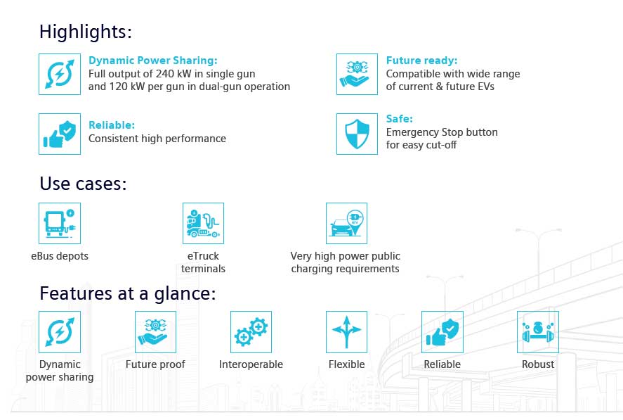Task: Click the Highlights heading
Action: click(86, 32)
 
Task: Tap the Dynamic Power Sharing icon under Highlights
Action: click(60, 74)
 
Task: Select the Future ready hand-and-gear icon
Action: click(357, 74)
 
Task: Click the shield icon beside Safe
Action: click(357, 134)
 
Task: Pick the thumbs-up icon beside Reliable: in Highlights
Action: click(60, 134)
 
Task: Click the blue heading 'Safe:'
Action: click(400, 119)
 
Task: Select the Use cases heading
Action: click(83, 184)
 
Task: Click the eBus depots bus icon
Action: click(60, 223)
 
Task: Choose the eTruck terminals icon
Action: click(203, 223)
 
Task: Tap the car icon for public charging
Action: click(346, 223)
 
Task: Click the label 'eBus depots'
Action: click(60, 256)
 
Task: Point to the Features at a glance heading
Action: click(128, 293)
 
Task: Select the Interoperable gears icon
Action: click(251, 331)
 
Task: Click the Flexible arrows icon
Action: click(346, 331)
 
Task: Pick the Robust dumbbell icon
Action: click(537, 331)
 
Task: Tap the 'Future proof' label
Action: click(155, 364)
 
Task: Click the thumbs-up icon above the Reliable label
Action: click(442, 331)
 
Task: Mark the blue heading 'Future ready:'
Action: click(421, 61)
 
